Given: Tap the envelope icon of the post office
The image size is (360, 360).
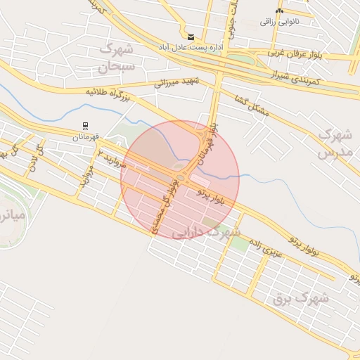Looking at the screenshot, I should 191,37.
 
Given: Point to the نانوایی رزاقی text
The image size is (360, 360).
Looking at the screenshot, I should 279,22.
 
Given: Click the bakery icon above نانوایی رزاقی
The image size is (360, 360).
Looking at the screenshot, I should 280,11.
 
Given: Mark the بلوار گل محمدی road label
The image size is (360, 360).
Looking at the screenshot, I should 167,209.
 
